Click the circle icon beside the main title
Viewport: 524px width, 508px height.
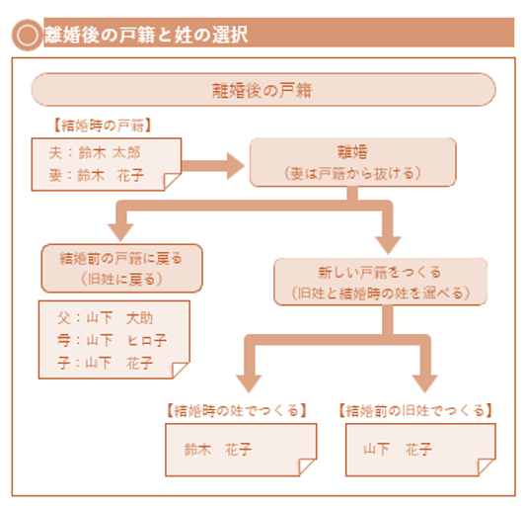pyautogui.click(x=27, y=35)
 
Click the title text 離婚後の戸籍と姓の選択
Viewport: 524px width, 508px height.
pyautogui.click(x=146, y=35)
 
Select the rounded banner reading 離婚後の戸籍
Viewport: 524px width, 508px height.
pyautogui.click(x=263, y=90)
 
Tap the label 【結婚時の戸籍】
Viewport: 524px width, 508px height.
pyautogui.click(x=103, y=126)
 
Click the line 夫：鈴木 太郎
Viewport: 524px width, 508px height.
pyautogui.click(x=95, y=152)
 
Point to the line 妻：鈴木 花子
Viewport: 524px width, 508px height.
pyautogui.click(x=97, y=175)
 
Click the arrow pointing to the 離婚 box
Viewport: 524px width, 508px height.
pyautogui.click(x=213, y=166)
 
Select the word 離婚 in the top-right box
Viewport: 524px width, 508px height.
pyautogui.click(x=352, y=152)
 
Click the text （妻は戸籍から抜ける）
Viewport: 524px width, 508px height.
pyautogui.click(x=352, y=173)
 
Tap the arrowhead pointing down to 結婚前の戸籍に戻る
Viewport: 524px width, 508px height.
pyautogui.click(x=120, y=232)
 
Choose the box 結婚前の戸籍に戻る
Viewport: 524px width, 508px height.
pyautogui.click(x=122, y=268)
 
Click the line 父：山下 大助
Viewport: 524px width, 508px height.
pyautogui.click(x=105, y=318)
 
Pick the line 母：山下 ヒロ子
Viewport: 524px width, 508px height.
pyautogui.click(x=112, y=340)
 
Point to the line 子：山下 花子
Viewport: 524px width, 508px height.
pyautogui.click(x=105, y=363)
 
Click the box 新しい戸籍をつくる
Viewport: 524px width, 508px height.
pyautogui.click(x=380, y=282)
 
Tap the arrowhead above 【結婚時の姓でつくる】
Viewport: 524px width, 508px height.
pyautogui.click(x=249, y=383)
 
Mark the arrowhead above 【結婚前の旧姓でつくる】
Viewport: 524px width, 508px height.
pyautogui.click(x=424, y=383)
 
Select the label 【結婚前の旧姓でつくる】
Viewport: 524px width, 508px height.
pyautogui.click(x=415, y=410)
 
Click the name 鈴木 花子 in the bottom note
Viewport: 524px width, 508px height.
pyautogui.click(x=217, y=449)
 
